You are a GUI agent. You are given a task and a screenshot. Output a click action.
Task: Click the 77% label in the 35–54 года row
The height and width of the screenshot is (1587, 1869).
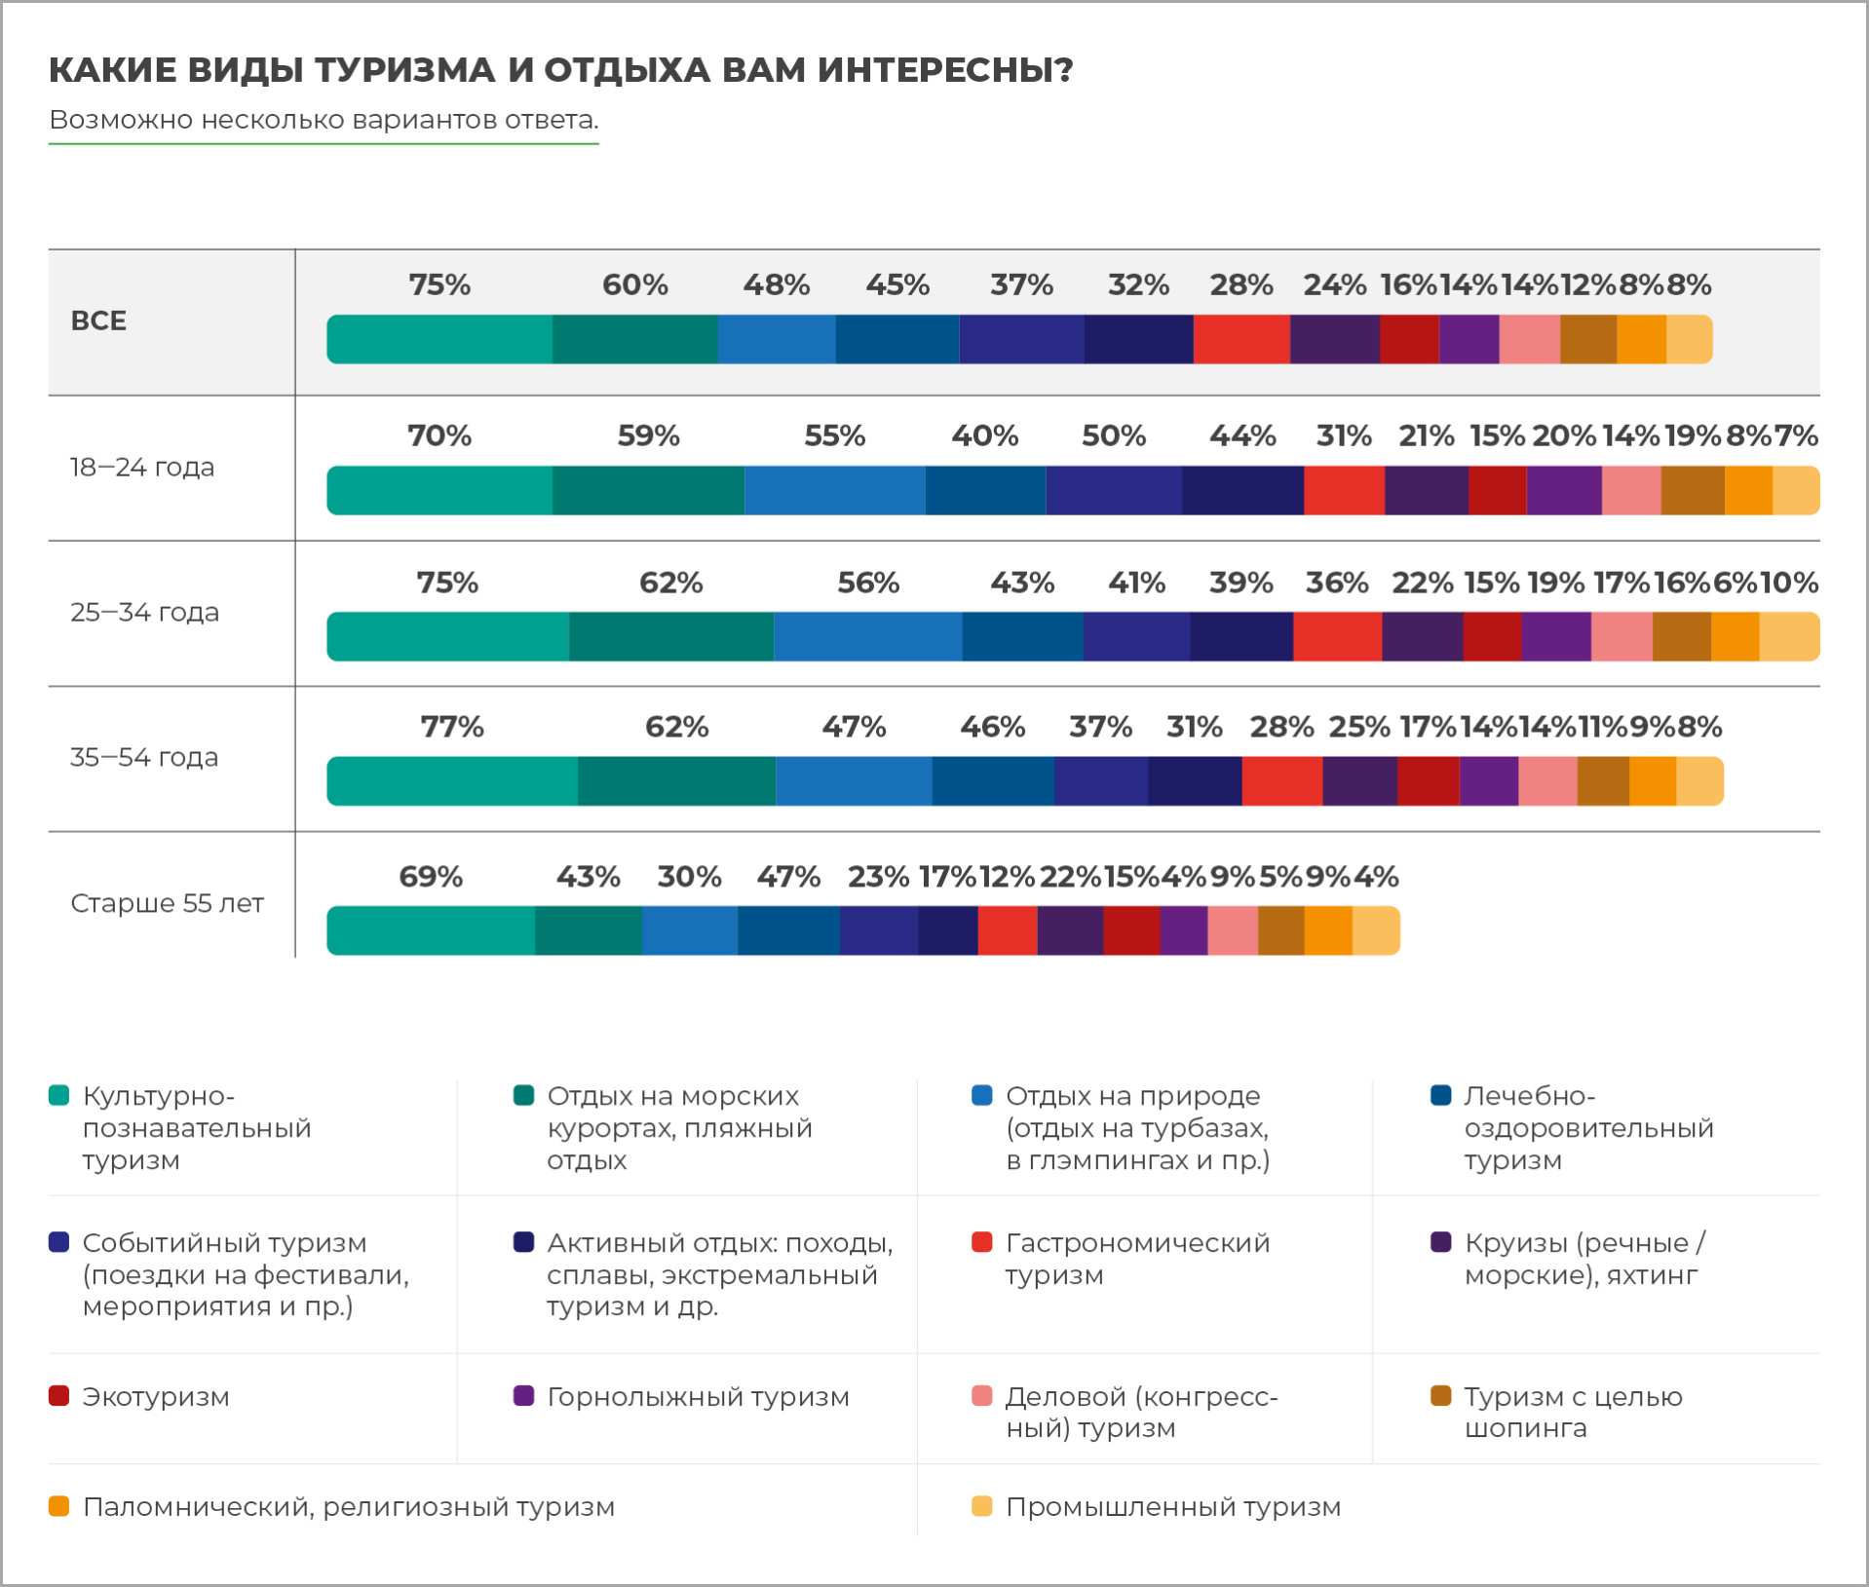tap(452, 727)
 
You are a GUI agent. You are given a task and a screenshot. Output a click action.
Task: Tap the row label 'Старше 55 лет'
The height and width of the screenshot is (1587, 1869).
tap(167, 903)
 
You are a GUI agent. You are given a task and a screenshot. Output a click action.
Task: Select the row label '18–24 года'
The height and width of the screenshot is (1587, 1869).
tap(142, 468)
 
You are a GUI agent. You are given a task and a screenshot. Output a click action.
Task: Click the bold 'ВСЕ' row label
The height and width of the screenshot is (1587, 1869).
tap(98, 321)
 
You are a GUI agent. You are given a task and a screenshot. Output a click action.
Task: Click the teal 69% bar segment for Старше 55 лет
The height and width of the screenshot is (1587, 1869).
tap(431, 930)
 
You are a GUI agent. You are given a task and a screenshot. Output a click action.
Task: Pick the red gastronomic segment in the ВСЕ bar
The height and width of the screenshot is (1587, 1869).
tap(1241, 339)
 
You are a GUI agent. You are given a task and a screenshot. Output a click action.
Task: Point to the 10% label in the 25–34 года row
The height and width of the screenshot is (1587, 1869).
tap(1789, 583)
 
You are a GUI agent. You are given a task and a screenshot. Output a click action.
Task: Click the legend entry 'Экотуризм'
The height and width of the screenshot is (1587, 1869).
tap(156, 1397)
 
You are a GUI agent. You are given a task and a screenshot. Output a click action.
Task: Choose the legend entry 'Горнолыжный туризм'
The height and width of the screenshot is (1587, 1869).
tap(698, 1397)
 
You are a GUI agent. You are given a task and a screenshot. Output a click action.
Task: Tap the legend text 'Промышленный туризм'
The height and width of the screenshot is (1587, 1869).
tap(1173, 1507)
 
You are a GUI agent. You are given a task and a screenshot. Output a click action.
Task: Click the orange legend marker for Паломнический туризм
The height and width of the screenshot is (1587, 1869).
tap(59, 1507)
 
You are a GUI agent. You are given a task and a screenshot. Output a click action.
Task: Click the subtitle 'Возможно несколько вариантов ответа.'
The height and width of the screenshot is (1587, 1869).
tap(324, 120)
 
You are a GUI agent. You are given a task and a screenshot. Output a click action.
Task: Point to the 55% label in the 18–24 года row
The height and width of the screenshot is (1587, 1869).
tap(835, 435)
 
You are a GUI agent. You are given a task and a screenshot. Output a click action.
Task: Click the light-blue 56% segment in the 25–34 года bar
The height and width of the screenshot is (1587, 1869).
tap(867, 636)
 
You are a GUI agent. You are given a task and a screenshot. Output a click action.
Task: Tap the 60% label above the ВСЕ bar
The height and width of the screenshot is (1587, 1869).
tap(635, 284)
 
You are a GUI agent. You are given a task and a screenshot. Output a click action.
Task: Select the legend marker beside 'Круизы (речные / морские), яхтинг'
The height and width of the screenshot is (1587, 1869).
tap(1441, 1242)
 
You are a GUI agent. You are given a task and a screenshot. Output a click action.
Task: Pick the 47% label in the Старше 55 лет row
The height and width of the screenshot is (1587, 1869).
tap(788, 877)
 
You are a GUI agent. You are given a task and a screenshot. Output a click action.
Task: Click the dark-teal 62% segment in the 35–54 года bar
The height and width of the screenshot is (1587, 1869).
tap(676, 781)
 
